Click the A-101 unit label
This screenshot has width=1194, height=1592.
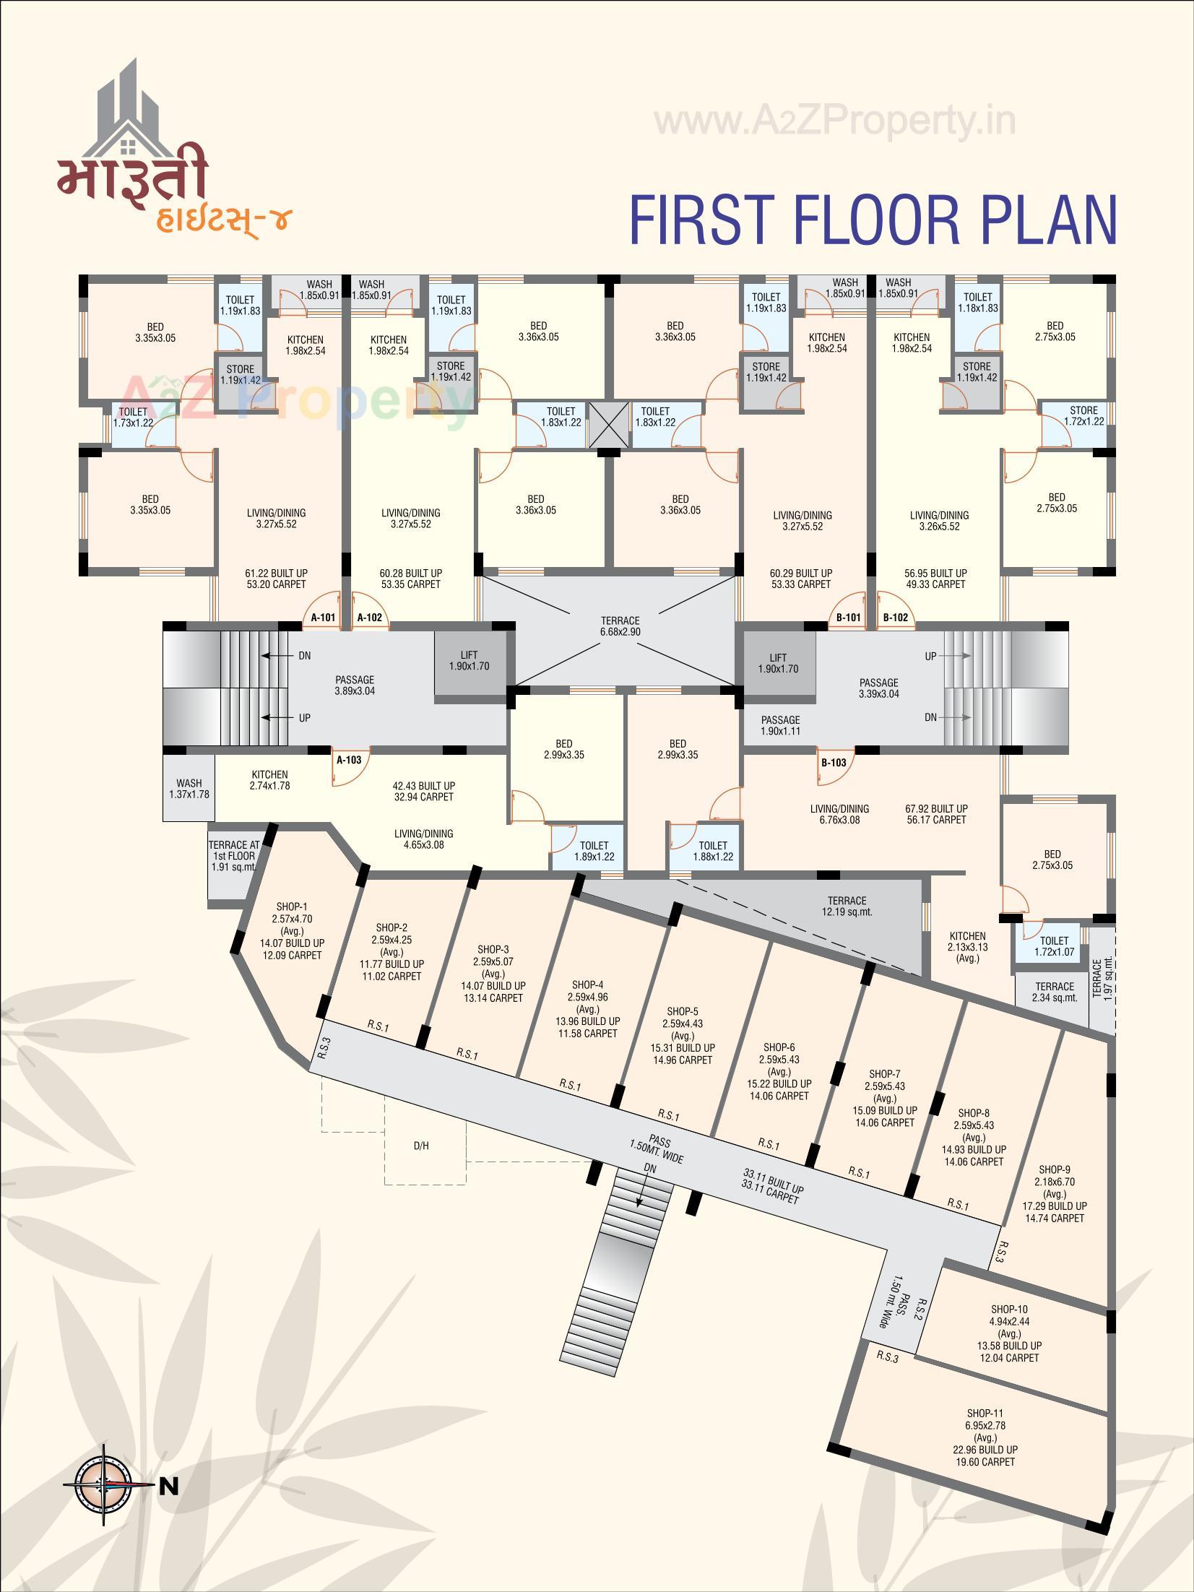323,618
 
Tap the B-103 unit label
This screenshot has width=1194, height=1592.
833,762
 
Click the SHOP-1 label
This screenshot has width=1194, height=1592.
292,907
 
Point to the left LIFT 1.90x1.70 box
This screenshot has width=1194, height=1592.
469,661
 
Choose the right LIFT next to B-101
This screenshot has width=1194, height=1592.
778,663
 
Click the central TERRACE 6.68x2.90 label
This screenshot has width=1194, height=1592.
620,626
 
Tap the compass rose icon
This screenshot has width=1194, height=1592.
104,1484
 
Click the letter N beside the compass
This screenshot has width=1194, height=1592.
169,1486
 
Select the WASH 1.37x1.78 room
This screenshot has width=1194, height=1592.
189,788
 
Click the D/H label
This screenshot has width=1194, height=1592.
421,1145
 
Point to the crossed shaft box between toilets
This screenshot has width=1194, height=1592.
609,425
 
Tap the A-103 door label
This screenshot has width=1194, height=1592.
349,760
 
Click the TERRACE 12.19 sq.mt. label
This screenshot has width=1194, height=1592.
847,906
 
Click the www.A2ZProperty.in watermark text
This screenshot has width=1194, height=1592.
834,121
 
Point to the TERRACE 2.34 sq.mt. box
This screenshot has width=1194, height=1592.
1055,992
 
